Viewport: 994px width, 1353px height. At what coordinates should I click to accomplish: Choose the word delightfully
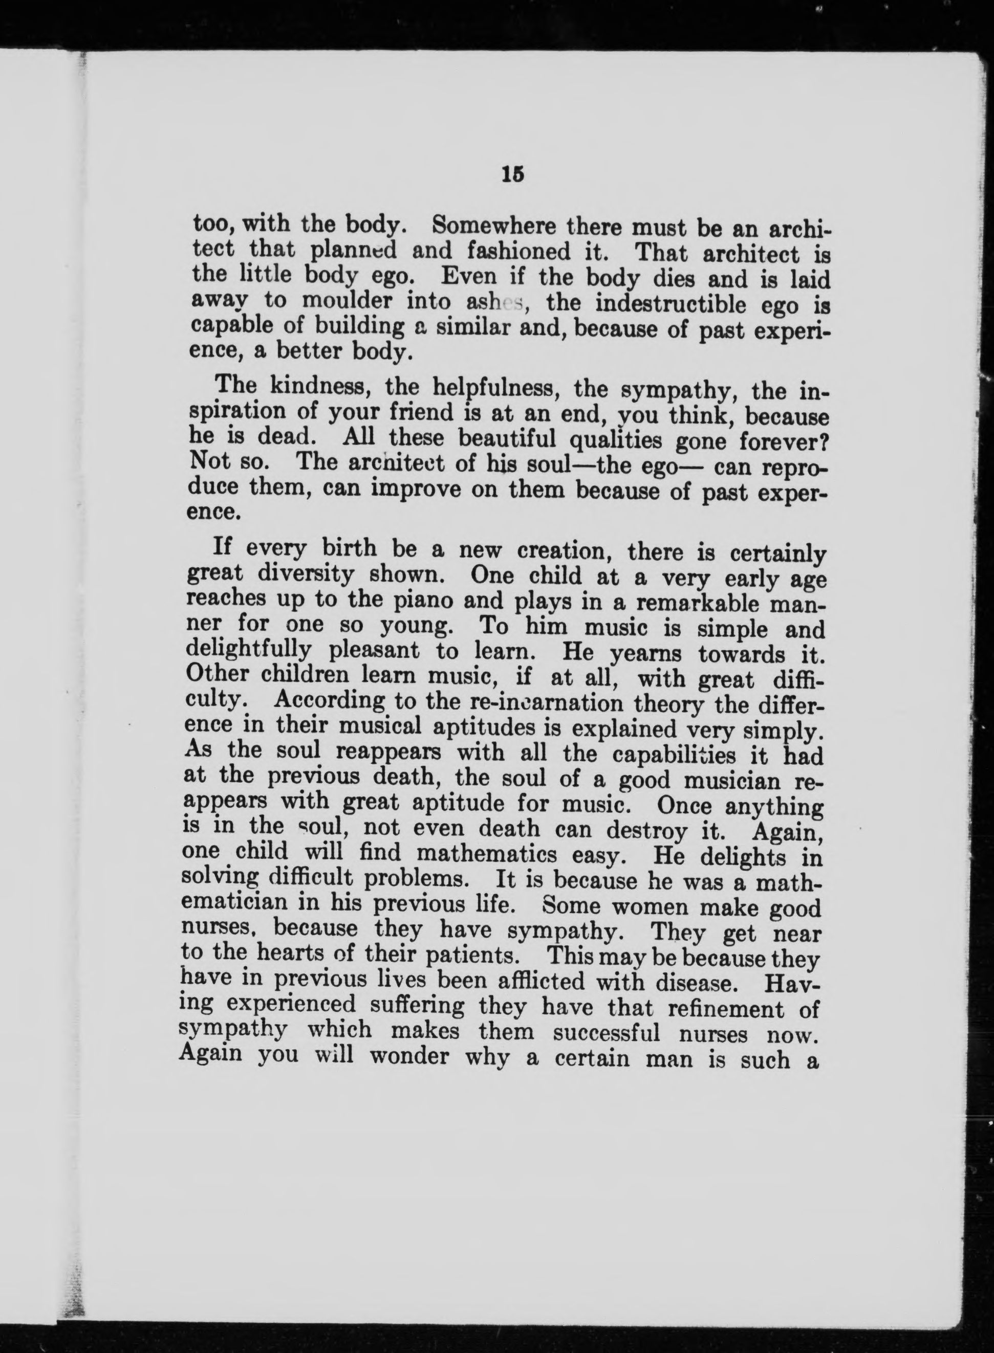249,651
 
